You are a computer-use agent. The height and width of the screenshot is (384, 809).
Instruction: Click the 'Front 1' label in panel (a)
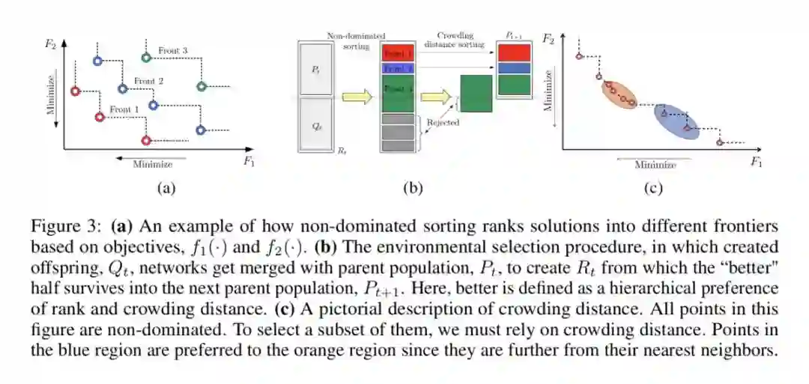pyautogui.click(x=124, y=109)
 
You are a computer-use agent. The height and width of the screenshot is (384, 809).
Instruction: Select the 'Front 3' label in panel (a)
pyautogui.click(x=172, y=50)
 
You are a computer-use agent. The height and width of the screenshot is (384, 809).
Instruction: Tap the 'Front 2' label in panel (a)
pyautogui.click(x=148, y=80)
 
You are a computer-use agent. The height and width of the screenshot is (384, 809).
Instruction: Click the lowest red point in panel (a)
pyautogui.click(x=146, y=140)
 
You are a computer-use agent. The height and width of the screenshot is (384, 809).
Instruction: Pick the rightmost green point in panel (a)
pyautogui.click(x=201, y=86)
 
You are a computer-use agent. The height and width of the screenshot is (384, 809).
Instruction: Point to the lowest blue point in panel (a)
pyautogui.click(x=200, y=130)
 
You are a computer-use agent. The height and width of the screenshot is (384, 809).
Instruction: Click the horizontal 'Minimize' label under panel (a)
pyautogui.click(x=152, y=164)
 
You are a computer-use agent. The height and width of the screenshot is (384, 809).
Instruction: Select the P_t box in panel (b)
pyautogui.click(x=316, y=68)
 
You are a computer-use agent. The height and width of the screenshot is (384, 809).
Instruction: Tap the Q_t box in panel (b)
pyautogui.click(x=316, y=125)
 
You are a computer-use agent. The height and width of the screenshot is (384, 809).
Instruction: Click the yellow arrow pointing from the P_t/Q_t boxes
pyautogui.click(x=357, y=96)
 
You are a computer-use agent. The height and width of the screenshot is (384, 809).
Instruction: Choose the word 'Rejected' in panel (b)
pyautogui.click(x=443, y=122)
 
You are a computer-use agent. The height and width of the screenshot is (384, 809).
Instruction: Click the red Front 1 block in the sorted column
pyautogui.click(x=397, y=54)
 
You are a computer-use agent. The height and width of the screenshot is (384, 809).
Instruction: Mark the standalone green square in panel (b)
pyautogui.click(x=476, y=94)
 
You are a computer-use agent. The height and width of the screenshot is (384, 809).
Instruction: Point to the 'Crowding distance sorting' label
pyautogui.click(x=455, y=40)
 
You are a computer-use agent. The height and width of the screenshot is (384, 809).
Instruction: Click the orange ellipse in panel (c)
pyautogui.click(x=618, y=94)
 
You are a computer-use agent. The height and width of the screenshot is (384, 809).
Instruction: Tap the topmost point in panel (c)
pyautogui.click(x=579, y=56)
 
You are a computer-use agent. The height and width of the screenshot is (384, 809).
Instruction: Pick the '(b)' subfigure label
pyautogui.click(x=413, y=189)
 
